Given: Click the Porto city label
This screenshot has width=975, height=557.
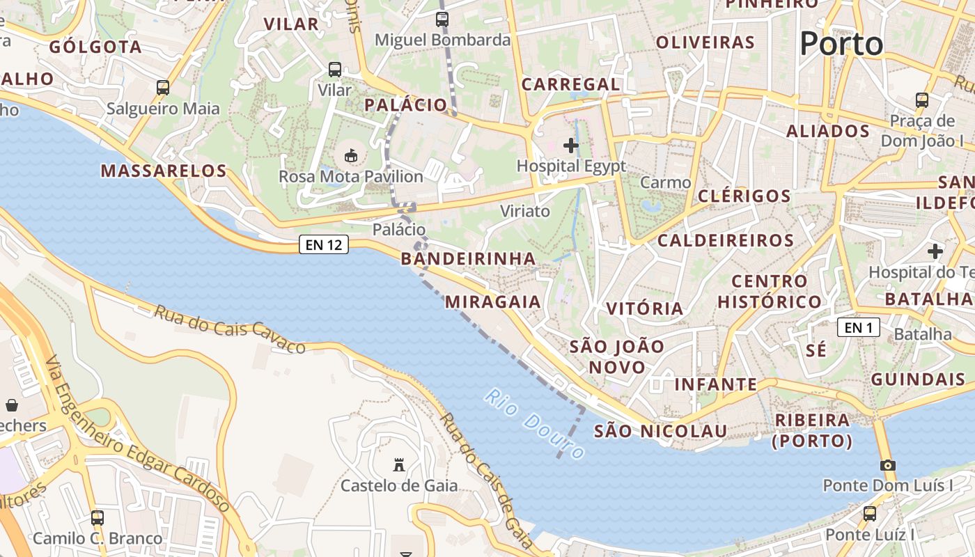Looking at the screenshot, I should tap(841, 44).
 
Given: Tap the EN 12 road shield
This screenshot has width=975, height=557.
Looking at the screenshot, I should tap(324, 244).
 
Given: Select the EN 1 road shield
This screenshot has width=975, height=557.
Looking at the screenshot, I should tap(859, 327).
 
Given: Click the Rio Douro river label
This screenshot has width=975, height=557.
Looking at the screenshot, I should tap(534, 425).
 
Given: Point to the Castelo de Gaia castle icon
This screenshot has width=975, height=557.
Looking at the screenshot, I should tap(399, 464).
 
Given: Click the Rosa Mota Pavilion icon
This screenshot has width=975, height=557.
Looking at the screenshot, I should tap(350, 155).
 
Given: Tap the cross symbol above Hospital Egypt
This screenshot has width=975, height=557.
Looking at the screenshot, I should tap(571, 146).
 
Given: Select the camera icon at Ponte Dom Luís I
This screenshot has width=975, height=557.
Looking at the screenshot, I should tap(887, 465).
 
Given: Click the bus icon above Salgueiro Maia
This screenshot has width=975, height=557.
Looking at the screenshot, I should tap(163, 88).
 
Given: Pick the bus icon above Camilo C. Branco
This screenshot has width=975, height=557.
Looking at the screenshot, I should tap(97, 518).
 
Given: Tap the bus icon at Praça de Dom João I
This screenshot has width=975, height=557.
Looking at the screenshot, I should tap(922, 100).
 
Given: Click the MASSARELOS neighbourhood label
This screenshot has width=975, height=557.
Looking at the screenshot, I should tap(164, 171).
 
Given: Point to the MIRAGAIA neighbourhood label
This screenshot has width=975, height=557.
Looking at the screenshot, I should tap(492, 301).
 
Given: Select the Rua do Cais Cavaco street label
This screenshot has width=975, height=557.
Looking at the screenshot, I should tap(229, 329).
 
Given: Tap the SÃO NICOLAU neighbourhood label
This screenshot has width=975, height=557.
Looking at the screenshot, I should tap(660, 431).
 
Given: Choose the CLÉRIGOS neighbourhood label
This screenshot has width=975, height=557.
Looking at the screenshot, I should tap(744, 196).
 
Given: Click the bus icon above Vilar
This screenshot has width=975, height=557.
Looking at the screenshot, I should tap(335, 70).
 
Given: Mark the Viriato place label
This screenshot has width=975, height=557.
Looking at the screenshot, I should tap(525, 211).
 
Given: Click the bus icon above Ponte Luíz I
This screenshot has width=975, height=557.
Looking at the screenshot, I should tap(870, 514).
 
